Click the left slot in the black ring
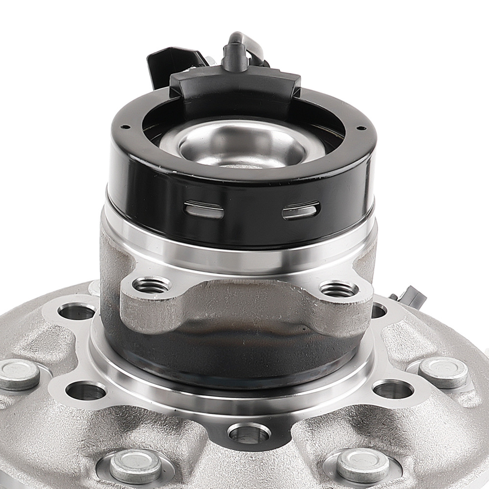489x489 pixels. point(204,210)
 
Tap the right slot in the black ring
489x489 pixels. point(301,211)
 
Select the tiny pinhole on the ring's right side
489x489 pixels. point(361,128)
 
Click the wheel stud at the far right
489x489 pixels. point(443,372)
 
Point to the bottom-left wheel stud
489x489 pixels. point(135,465)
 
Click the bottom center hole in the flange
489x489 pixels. point(249,433)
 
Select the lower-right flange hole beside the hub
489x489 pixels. point(393,389)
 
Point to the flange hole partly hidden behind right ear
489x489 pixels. point(379,310)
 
